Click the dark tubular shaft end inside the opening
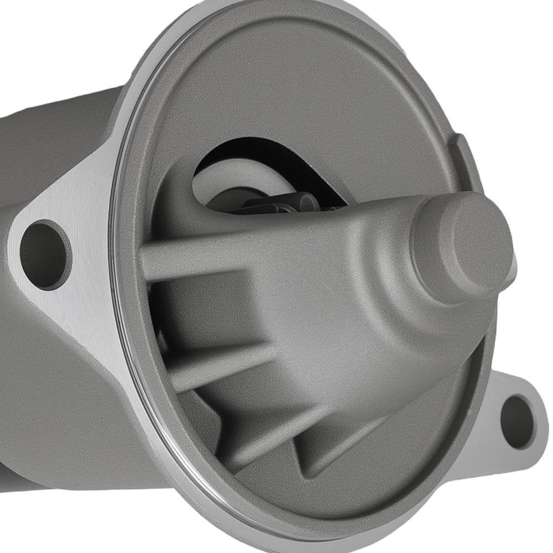288,202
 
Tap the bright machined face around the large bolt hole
83,288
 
